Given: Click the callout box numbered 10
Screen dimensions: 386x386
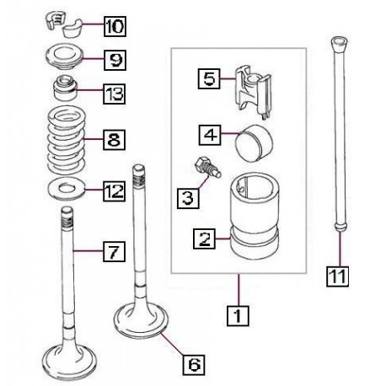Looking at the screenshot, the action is tap(115, 26).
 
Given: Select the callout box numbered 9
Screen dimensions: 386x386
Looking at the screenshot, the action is tap(115, 60).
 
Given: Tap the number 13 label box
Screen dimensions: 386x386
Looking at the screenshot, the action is tap(114, 94).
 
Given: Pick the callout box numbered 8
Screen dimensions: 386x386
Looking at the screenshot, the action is tap(114, 139).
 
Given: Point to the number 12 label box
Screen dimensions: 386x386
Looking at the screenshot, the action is tap(114, 190).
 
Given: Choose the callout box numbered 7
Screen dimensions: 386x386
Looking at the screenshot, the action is tap(114, 251).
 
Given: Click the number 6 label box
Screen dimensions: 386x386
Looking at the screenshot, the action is tap(194, 364).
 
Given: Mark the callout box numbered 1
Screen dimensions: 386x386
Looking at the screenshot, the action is tap(238, 315).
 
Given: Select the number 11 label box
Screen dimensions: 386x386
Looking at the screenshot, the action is tap(337, 276).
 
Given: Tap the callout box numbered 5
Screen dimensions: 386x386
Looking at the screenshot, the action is tap(209, 78).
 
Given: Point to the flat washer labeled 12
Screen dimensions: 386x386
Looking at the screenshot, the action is tap(67, 190).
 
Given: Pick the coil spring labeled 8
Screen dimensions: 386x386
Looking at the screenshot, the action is tap(67, 141).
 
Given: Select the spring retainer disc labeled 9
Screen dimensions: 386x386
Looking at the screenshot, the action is tap(64, 58).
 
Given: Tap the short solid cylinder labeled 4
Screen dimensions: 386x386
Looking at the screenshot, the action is tap(254, 143).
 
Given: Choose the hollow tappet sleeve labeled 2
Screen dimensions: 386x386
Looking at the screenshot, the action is tap(255, 216).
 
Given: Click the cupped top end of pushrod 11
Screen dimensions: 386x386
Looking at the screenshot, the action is tap(340, 43).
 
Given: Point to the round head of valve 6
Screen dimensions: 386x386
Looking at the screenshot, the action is tap(142, 321).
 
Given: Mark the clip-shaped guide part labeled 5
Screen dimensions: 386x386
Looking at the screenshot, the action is tap(253, 92).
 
